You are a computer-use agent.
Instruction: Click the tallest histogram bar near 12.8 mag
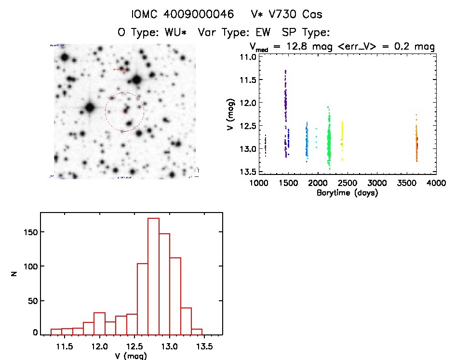(x=153, y=276)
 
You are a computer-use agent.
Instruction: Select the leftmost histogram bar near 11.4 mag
(x=56, y=332)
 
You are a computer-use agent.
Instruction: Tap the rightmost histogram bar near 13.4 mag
(x=197, y=332)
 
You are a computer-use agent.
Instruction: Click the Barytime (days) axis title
(x=347, y=193)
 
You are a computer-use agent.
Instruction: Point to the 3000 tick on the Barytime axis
(x=377, y=184)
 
